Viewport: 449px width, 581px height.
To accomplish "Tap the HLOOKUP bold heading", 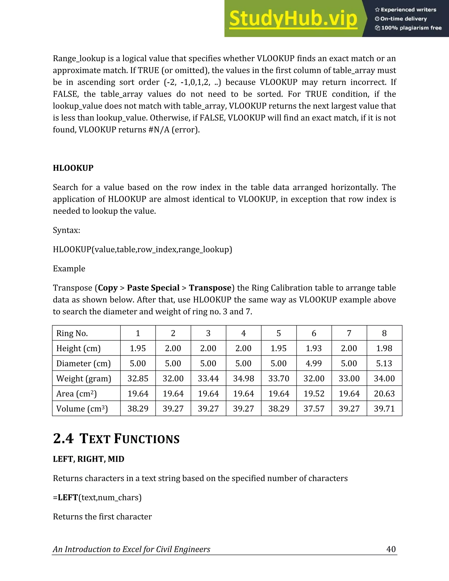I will tap(73, 168).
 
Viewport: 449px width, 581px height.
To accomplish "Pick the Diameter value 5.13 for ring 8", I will tap(384, 363).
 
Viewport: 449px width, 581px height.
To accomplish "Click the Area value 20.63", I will tap(384, 394).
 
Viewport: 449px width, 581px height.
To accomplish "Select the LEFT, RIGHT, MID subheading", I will tap(89, 459).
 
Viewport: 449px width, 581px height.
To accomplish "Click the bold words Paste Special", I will tap(153, 288).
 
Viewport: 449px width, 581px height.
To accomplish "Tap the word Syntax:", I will tap(66, 230).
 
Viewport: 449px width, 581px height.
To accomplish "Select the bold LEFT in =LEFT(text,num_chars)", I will tap(68, 497).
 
